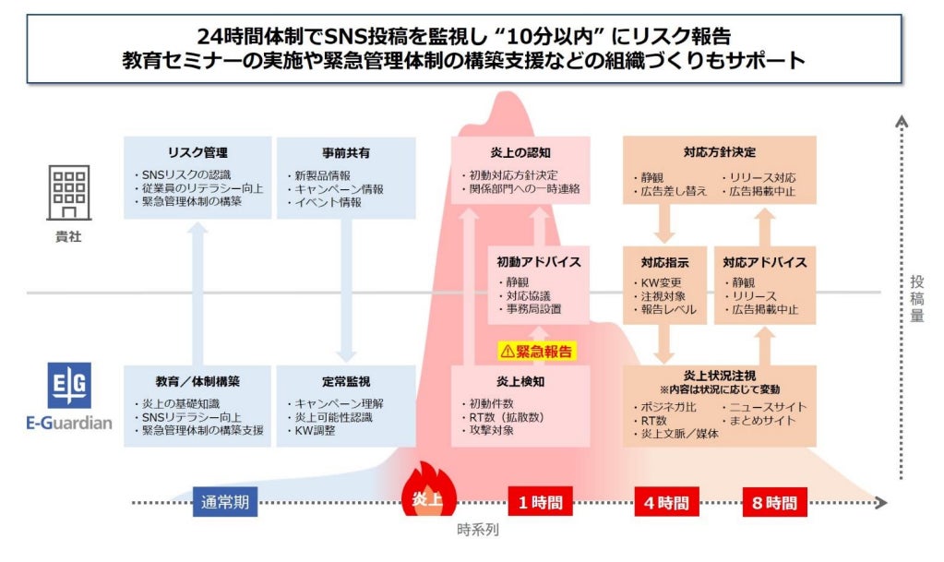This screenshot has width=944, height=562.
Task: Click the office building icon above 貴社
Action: (68, 194)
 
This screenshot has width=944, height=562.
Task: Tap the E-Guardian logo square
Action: (68, 387)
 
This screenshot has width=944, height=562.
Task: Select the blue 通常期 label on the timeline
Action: (224, 503)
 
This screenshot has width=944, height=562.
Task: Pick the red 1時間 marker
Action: (539, 503)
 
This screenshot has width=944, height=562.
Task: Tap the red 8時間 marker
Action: (774, 503)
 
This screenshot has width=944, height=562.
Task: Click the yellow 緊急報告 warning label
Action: (536, 351)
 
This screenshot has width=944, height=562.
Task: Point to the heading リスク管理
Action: (197, 153)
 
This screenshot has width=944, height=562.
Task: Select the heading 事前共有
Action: (347, 153)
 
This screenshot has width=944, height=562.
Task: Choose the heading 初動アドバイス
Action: (539, 262)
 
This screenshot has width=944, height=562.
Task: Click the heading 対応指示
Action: (664, 262)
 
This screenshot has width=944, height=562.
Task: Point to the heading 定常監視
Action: (347, 381)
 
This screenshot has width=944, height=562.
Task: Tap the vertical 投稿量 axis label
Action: (916, 297)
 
